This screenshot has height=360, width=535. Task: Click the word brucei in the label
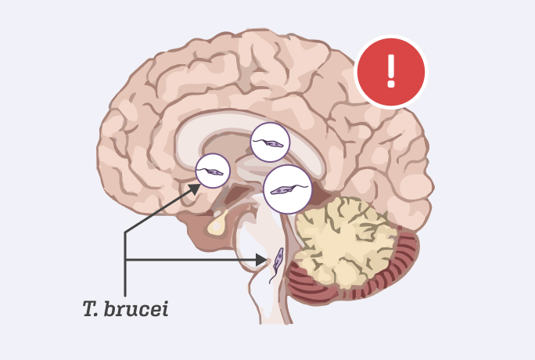coord(141,308)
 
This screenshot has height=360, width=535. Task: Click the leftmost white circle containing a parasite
coord(212,170)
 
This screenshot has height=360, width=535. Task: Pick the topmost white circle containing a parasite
coord(270,142)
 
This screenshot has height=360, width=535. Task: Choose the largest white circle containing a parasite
coord(288,189)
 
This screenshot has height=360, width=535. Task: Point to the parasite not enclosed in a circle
coord(277,264)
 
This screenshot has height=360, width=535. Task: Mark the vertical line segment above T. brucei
coord(125,274)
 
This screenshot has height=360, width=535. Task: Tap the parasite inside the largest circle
coord(286,190)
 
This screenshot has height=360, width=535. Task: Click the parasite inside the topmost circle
coord(270,143)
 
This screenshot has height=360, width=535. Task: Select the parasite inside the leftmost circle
coord(212,171)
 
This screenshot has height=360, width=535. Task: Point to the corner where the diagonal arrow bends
coord(125,232)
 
